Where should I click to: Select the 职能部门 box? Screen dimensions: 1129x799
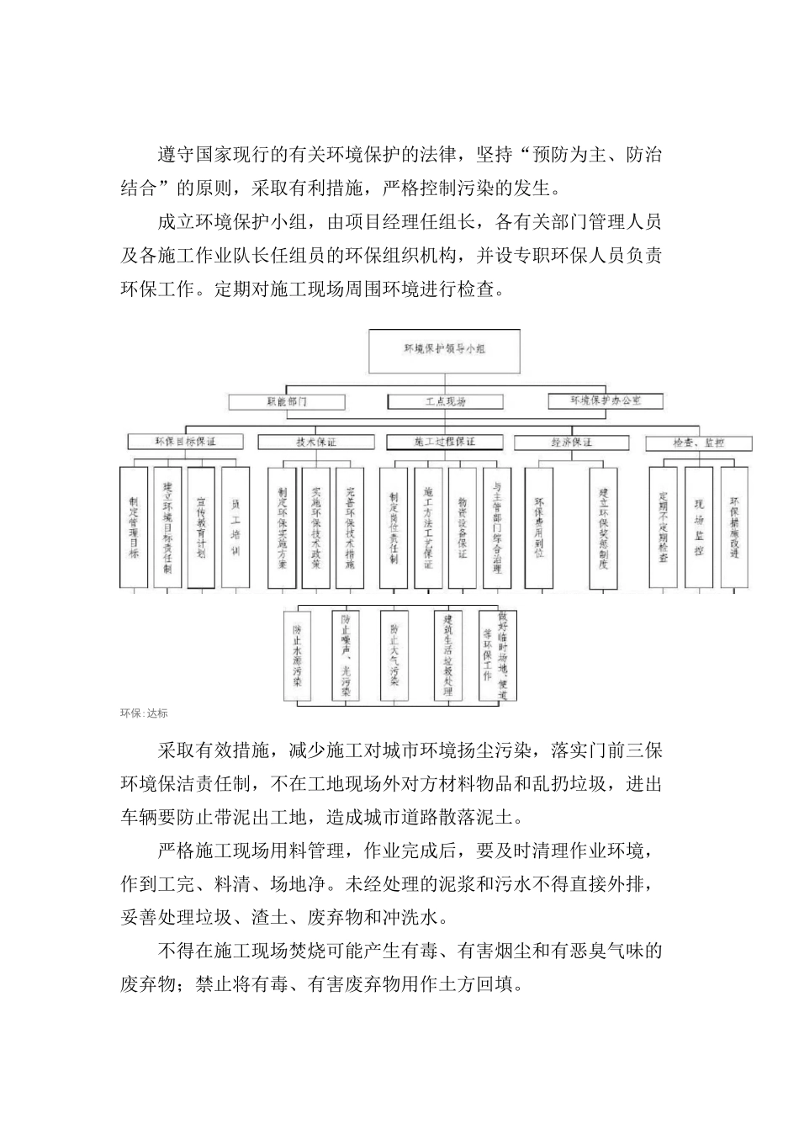click(x=286, y=402)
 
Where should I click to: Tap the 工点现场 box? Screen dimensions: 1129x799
click(x=445, y=402)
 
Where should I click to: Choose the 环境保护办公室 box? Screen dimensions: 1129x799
click(x=606, y=401)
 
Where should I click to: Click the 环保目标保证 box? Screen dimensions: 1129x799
click(x=186, y=442)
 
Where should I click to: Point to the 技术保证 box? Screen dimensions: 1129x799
click(x=304, y=442)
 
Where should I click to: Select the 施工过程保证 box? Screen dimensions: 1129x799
click(x=445, y=442)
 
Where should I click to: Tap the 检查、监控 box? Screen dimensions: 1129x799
click(x=698, y=443)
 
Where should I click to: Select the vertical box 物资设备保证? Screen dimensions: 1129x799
click(x=463, y=527)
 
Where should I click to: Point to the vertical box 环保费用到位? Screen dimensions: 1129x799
click(x=539, y=527)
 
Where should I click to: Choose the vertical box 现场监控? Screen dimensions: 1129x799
click(x=699, y=527)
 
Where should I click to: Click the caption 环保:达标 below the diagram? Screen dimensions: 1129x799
click(x=144, y=713)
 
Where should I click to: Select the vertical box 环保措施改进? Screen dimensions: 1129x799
click(x=733, y=527)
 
